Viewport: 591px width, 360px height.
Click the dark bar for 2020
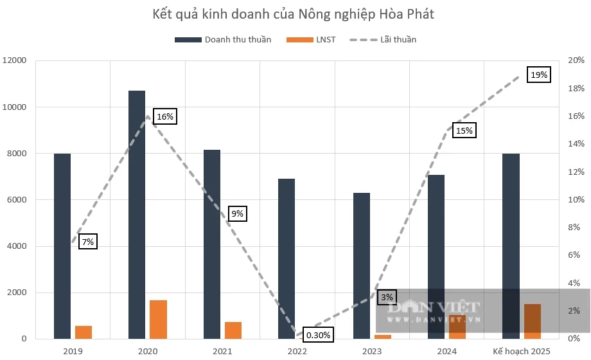(137, 215)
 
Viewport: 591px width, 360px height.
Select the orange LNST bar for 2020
(158, 319)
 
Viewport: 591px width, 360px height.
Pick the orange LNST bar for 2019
(84, 332)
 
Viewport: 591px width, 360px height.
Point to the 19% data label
(539, 75)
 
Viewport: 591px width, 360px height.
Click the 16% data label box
(165, 116)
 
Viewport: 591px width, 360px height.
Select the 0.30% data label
(318, 335)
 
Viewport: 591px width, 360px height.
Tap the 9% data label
(237, 213)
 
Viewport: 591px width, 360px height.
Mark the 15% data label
(464, 130)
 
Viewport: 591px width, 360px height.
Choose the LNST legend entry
(325, 39)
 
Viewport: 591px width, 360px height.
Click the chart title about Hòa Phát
(295, 14)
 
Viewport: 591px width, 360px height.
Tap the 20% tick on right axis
(576, 60)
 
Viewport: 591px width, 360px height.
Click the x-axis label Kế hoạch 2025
(522, 351)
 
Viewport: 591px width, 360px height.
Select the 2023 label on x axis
(372, 351)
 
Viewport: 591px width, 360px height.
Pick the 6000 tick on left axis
(16, 200)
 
